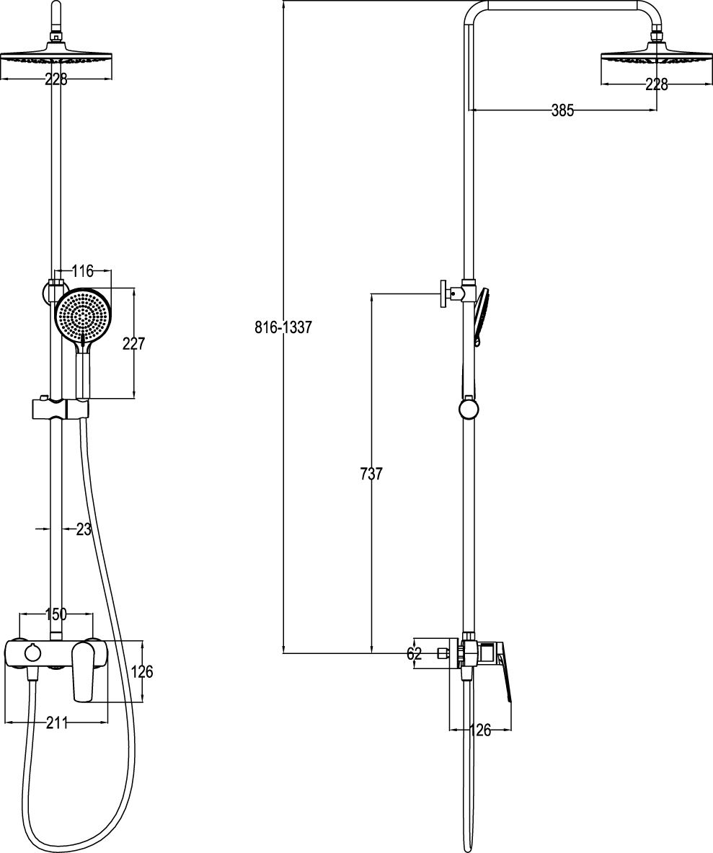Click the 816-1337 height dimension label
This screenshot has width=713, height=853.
[x=283, y=327]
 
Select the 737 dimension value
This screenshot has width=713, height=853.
[x=371, y=474]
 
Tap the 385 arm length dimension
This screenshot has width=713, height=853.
[x=562, y=110]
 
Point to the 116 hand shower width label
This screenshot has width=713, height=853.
[x=83, y=270]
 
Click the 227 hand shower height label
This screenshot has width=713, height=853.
[x=134, y=344]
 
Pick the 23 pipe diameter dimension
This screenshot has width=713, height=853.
[x=83, y=529]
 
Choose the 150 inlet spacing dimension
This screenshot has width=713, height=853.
[x=56, y=614]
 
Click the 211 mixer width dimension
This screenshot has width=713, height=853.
[x=56, y=723]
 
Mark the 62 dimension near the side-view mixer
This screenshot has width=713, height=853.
[x=415, y=653]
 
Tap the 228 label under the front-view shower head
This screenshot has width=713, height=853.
[x=56, y=80]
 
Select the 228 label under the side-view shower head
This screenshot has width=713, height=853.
[x=657, y=84]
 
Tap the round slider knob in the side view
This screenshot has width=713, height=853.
[x=469, y=409]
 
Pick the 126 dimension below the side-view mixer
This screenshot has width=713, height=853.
[x=479, y=730]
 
